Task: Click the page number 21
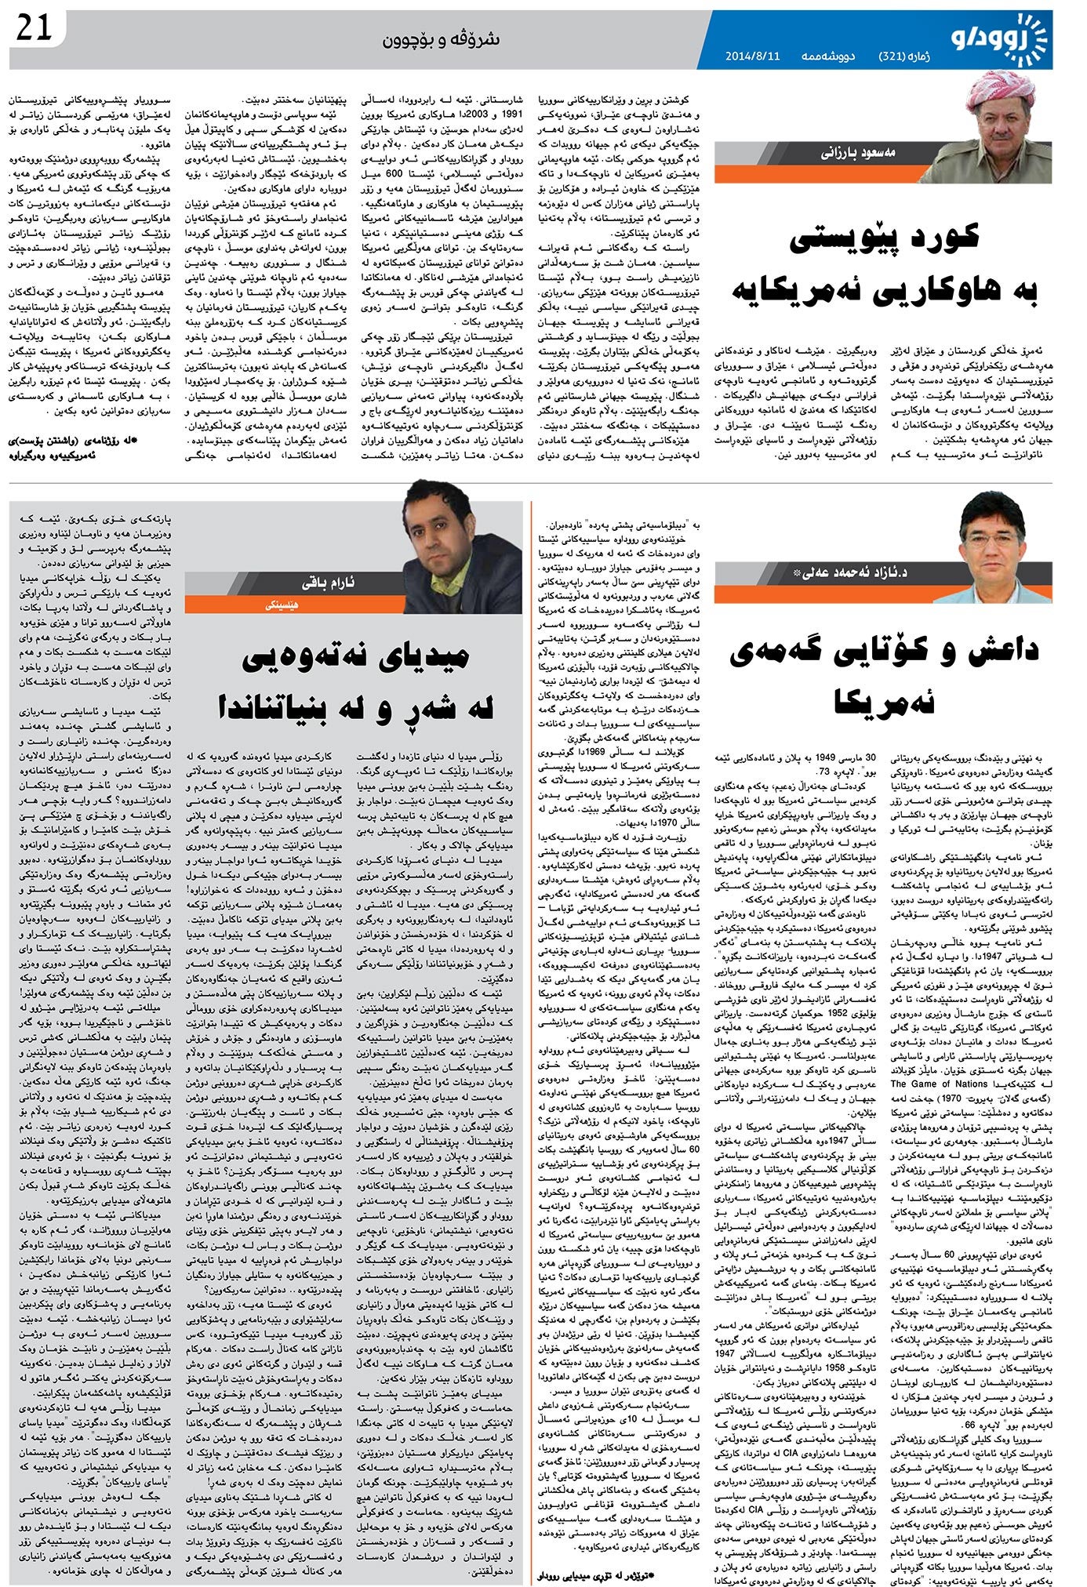tap(34, 30)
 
